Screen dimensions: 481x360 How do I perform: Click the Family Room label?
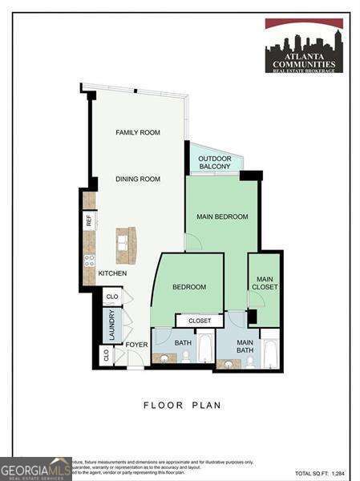(x=137, y=132)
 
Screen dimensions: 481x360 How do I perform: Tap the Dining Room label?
(x=137, y=180)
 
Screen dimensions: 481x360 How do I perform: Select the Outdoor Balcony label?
(x=215, y=163)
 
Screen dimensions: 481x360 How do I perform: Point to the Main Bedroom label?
(x=222, y=216)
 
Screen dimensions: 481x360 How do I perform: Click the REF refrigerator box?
(x=89, y=219)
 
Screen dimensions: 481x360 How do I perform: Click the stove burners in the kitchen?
(x=90, y=260)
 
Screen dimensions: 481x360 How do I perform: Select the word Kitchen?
(x=112, y=273)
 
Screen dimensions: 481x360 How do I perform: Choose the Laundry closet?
(x=111, y=325)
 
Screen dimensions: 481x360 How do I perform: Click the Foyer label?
(x=136, y=345)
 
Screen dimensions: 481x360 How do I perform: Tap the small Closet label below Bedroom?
(x=200, y=321)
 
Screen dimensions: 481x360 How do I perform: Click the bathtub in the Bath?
(x=205, y=347)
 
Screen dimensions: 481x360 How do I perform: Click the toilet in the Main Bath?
(x=249, y=360)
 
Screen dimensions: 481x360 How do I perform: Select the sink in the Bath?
(x=164, y=358)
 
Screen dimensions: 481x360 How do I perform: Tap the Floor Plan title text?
(x=182, y=406)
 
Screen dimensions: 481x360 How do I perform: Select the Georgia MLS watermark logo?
(x=36, y=468)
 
